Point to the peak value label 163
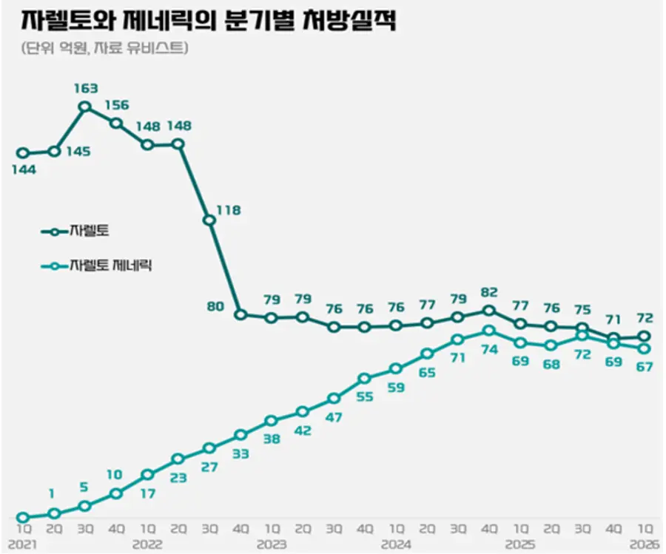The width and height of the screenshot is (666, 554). [x=85, y=89]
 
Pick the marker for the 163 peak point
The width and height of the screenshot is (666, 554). [x=85, y=107]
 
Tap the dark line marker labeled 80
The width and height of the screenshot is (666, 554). [x=240, y=314]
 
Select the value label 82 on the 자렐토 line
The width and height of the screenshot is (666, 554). [x=489, y=292]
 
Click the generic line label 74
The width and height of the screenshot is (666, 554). [x=489, y=350]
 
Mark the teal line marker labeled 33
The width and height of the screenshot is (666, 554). [x=240, y=435]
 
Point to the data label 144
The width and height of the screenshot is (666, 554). [x=23, y=169]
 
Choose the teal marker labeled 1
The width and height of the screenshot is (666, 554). [x=54, y=513]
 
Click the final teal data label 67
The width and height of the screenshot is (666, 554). [x=645, y=367]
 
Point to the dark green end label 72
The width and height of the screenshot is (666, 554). [x=645, y=318]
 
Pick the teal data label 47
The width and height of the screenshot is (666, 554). [x=334, y=417]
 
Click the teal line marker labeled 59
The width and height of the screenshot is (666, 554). [x=396, y=368]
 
